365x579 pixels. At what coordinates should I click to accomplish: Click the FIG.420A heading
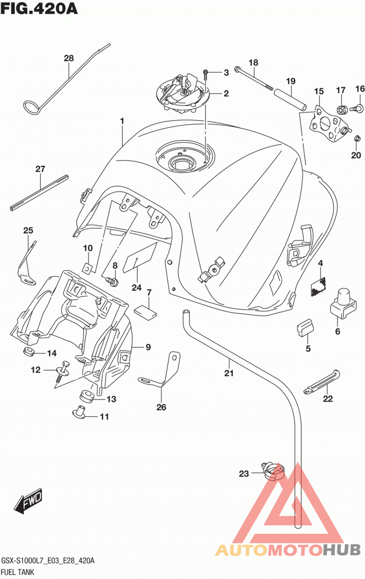point(39,9)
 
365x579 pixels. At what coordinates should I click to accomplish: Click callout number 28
point(69,58)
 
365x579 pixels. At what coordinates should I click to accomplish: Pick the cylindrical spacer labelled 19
point(290,100)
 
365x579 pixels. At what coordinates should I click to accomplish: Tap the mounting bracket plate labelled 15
point(329,123)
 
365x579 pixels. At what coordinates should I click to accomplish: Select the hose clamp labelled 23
point(274,473)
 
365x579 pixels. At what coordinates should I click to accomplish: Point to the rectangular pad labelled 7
point(146,311)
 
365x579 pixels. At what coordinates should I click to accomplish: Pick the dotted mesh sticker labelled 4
point(318,287)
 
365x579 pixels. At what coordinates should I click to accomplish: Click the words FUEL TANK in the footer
point(17,572)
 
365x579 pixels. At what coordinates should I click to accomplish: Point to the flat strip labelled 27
point(39,193)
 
